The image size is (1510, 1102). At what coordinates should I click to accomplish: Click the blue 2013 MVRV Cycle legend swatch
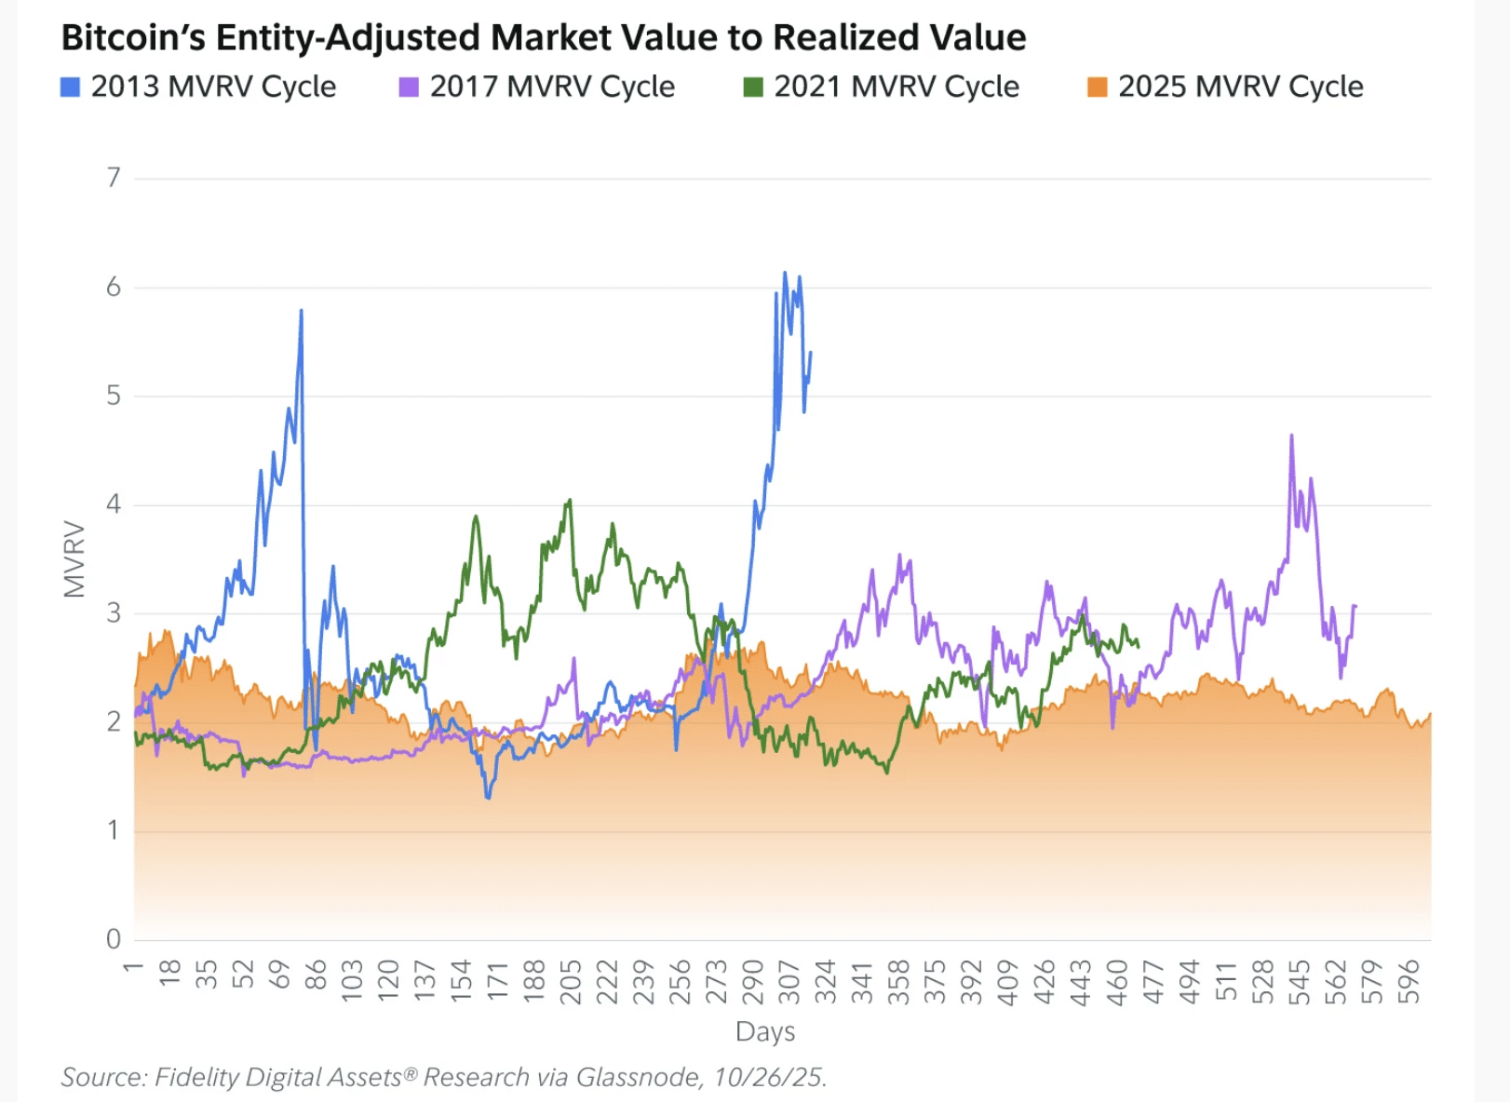tap(70, 87)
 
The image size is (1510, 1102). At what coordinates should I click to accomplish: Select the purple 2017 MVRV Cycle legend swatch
tap(409, 87)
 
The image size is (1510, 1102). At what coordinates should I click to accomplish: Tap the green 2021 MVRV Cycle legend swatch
tap(753, 87)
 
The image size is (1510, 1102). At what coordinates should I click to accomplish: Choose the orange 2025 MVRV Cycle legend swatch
tap(1098, 87)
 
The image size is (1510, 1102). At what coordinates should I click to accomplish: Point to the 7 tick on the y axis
tap(114, 178)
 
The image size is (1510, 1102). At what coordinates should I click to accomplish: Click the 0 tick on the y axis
tap(114, 939)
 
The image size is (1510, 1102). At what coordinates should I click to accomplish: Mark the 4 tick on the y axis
tap(114, 504)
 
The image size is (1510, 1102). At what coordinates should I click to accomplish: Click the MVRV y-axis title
tap(74, 558)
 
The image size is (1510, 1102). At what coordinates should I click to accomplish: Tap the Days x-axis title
tap(765, 1031)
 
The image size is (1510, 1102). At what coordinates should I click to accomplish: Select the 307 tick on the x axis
tap(789, 982)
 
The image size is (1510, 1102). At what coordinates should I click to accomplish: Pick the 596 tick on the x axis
tap(1409, 982)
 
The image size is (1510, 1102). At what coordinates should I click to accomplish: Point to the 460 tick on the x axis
tap(1117, 982)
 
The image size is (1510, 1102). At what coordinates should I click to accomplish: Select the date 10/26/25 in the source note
tap(768, 1077)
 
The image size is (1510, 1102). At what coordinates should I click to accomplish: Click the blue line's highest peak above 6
tap(785, 273)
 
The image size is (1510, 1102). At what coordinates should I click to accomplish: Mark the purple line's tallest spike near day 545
tap(1291, 436)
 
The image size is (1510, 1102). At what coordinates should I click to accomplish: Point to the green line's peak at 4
tap(570, 501)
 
